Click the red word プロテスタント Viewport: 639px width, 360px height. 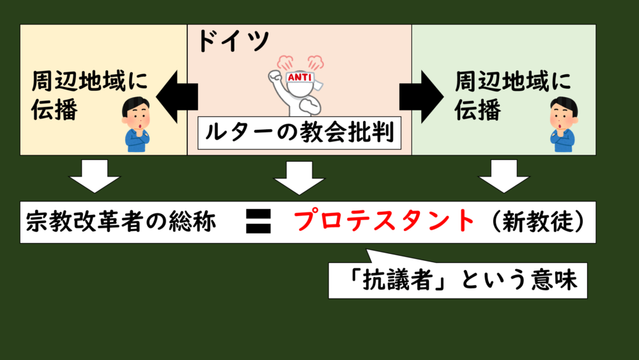385,222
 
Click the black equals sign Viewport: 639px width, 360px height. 258,222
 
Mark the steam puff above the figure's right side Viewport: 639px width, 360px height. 315,61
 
